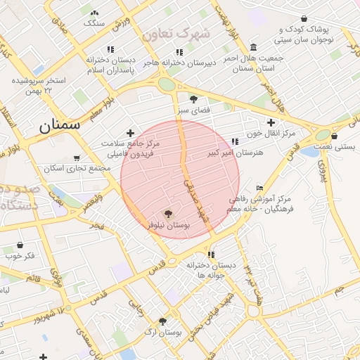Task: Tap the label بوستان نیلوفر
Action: pos(169,225)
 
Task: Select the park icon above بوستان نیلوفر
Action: pos(168,213)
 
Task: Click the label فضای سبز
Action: pos(194,111)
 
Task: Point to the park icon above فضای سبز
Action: pos(194,99)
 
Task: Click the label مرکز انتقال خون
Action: pos(270,133)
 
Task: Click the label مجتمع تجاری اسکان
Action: pos(77,169)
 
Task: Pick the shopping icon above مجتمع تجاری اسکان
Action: pos(77,157)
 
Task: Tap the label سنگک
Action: pos(94,23)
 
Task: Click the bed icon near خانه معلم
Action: pos(260,188)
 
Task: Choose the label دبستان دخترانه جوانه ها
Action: pos(210,270)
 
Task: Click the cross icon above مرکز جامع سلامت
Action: pos(129,132)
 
